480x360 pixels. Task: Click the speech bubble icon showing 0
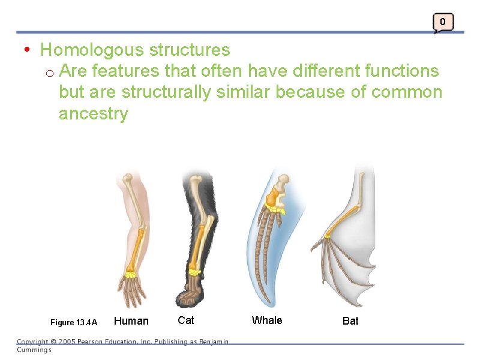point(443,22)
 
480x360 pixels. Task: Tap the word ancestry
point(93,114)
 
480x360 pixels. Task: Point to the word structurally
point(166,92)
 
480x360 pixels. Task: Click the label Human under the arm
point(131,321)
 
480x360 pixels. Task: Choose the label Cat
point(186,320)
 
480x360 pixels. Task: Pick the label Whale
point(267,320)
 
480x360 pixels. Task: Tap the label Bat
point(350,321)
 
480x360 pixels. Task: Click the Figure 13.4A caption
point(74,322)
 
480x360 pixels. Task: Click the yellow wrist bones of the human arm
point(130,274)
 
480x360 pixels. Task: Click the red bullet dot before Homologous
point(28,49)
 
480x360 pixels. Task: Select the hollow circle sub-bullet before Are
point(50,73)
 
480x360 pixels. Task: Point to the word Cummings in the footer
point(34,350)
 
